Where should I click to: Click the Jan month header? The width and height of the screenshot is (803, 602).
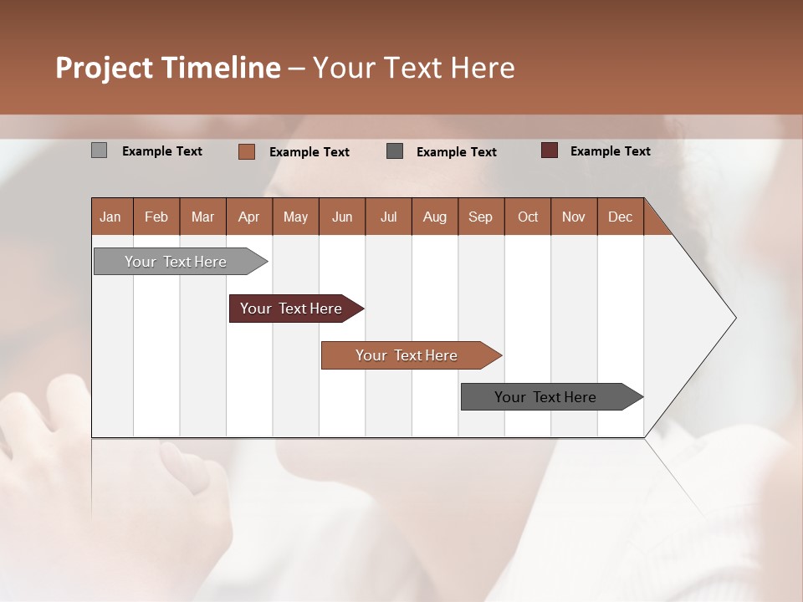pos(111,217)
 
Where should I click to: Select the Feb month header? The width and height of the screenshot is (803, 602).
pos(156,217)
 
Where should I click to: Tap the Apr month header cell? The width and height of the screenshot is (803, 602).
pos(249,217)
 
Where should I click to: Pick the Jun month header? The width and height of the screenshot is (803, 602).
pos(342,217)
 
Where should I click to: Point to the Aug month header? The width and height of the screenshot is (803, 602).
pos(435,217)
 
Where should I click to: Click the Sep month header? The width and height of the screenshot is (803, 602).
pos(481,217)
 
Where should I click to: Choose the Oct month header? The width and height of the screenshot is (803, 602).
pos(528,217)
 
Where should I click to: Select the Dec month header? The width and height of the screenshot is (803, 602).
pos(621,217)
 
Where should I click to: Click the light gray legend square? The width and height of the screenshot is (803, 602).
pos(99,150)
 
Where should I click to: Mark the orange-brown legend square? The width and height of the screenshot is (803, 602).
pos(247,151)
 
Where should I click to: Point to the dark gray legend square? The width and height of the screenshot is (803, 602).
pos(395,151)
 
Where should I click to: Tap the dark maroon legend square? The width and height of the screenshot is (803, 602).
pos(550,150)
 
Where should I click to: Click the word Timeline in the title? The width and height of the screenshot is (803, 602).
pos(221,68)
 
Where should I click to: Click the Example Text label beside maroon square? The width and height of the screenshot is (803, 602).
pos(610,151)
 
